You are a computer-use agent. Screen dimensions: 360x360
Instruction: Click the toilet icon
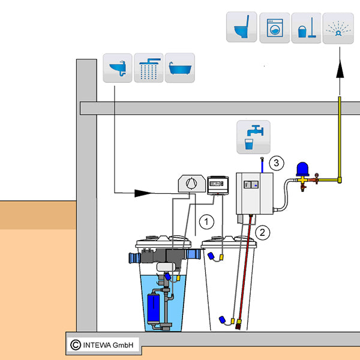coord(241,27)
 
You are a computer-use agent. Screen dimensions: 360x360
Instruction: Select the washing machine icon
coord(274,27)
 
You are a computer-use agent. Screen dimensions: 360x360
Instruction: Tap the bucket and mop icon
coord(306,28)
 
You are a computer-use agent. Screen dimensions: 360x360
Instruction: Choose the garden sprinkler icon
coord(338,28)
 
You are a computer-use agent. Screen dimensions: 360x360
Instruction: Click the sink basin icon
coord(117,67)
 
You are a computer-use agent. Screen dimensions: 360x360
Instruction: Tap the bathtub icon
coord(179,67)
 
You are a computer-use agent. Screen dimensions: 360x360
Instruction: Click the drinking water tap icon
coord(253,137)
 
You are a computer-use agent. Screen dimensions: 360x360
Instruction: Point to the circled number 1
coord(207,221)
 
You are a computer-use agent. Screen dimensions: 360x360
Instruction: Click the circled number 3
coord(275,162)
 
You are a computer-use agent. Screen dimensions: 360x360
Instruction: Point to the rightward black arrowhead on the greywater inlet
coord(142,193)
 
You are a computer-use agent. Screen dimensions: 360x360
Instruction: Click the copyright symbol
coord(75,344)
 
